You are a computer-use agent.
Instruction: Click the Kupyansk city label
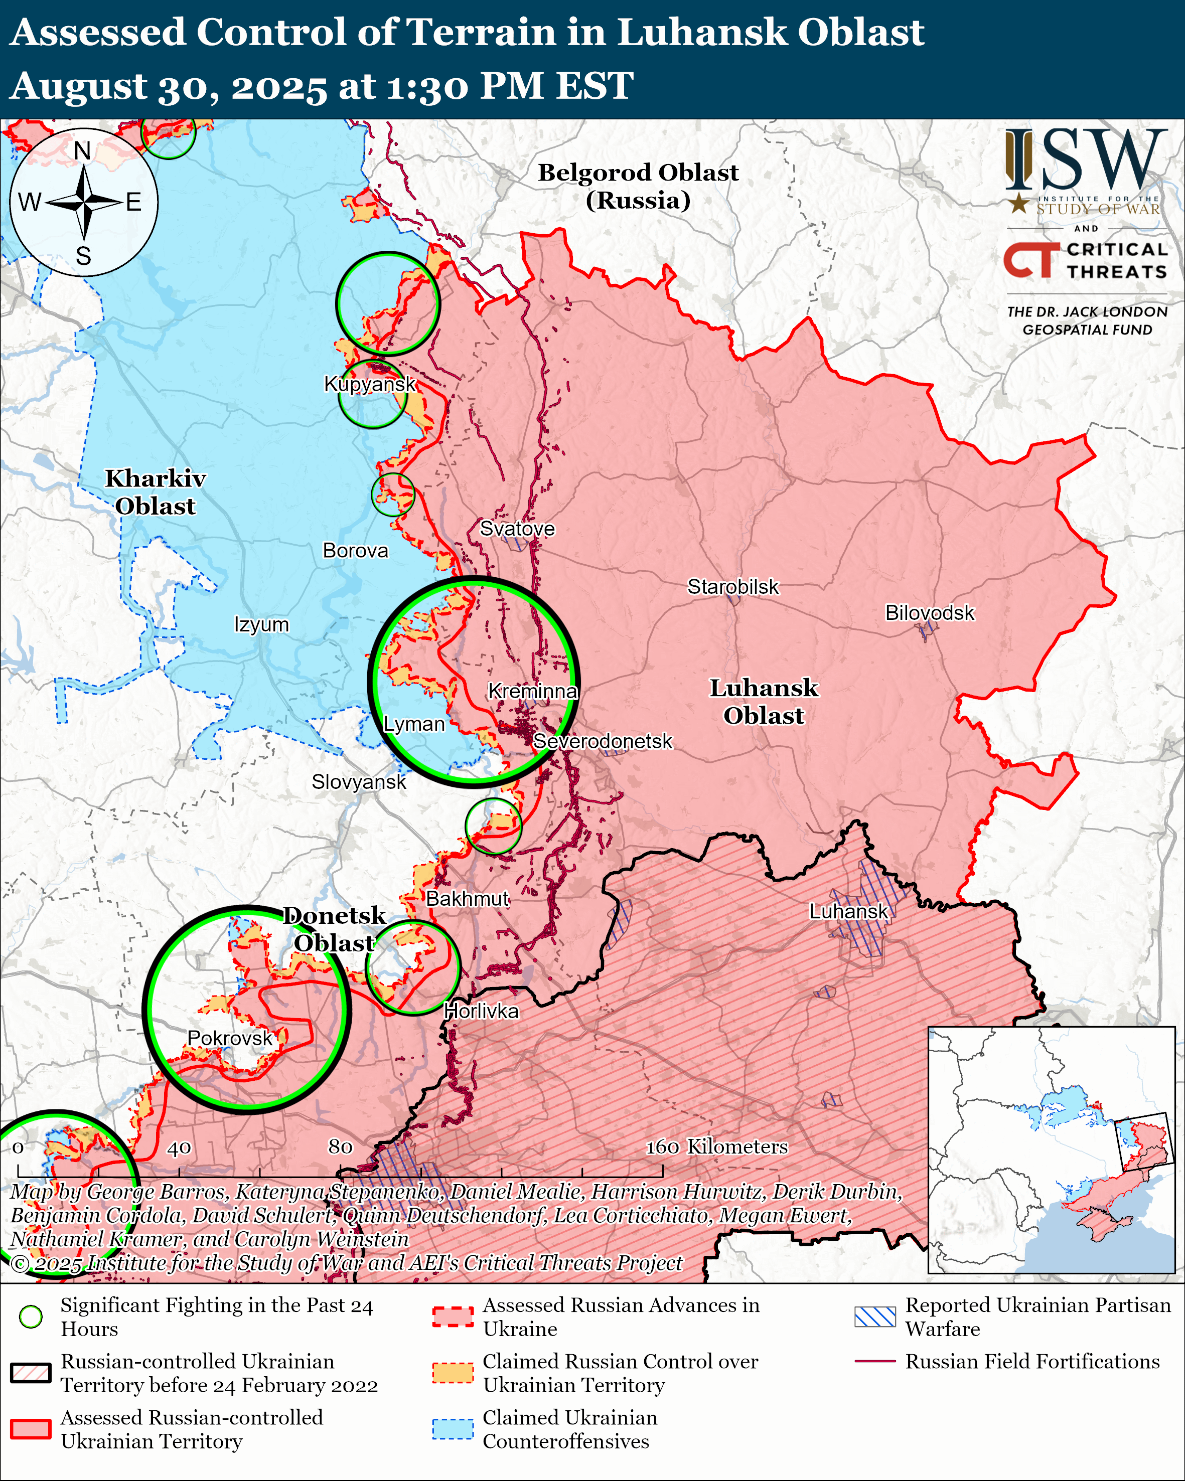(370, 384)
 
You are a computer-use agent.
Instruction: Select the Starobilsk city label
(733, 587)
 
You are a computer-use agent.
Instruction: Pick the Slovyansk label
(359, 782)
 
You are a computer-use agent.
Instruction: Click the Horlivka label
(481, 1011)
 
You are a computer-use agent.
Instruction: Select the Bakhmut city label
(467, 899)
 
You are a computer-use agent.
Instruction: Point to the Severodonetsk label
(603, 741)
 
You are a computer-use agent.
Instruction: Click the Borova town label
(355, 550)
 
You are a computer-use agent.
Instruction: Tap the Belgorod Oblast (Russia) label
(638, 186)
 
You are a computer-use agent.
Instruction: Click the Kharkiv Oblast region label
(155, 492)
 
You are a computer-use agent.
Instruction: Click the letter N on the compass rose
(82, 150)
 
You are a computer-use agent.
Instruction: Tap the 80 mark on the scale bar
(340, 1146)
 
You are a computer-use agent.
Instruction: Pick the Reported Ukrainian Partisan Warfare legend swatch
(874, 1316)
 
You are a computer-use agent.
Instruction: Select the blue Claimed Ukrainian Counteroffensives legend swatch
(453, 1429)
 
